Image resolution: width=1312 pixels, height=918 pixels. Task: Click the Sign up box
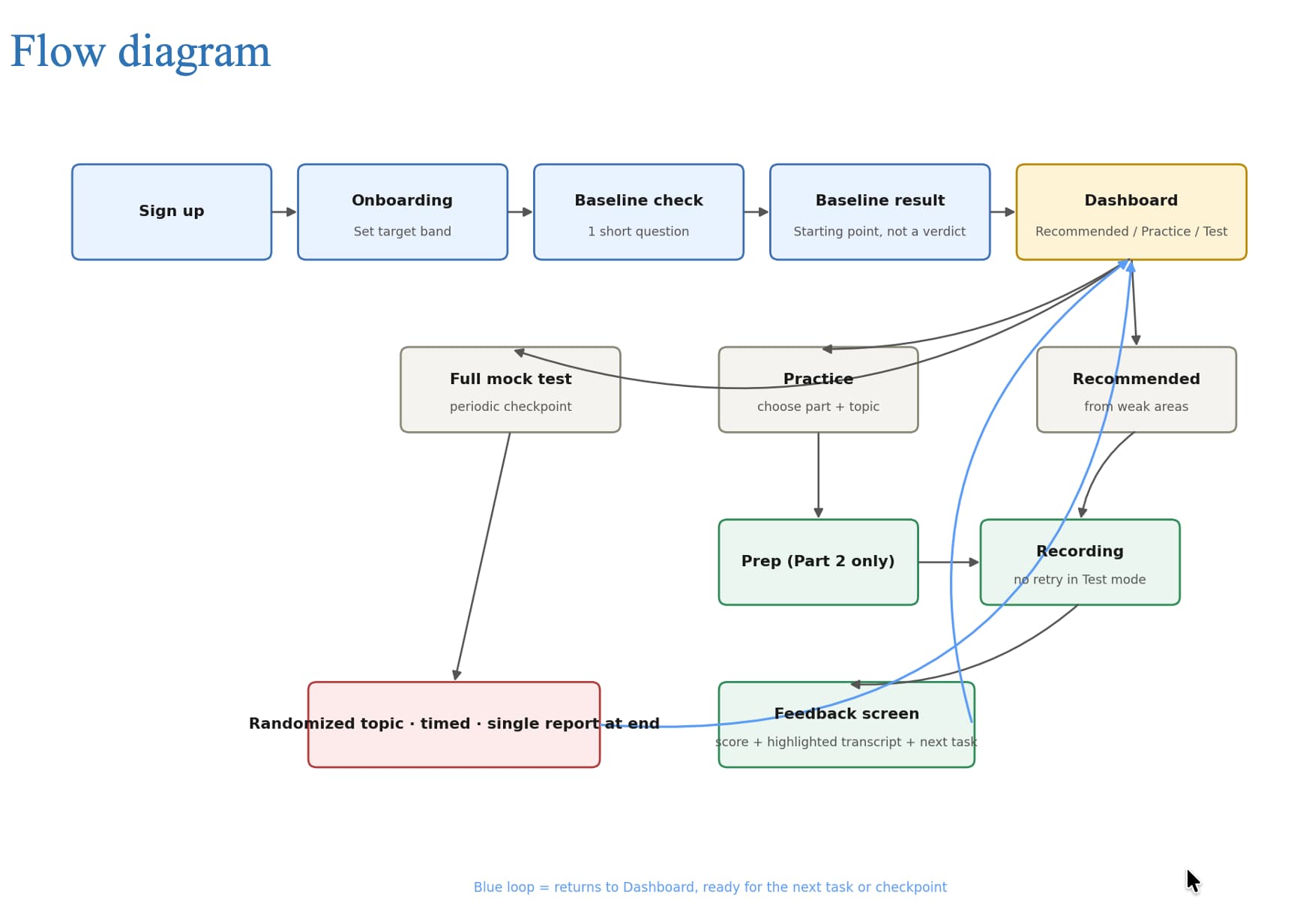[x=172, y=212]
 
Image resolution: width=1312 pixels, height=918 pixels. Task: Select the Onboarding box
[x=403, y=212]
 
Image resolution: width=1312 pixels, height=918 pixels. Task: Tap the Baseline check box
[x=639, y=212]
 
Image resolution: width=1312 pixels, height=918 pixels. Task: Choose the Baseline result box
[x=880, y=212]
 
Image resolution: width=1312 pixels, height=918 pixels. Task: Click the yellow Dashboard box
[x=1131, y=212]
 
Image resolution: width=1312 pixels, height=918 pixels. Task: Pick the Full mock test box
[x=511, y=389]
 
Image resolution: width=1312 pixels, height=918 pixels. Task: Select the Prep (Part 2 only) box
[x=818, y=562]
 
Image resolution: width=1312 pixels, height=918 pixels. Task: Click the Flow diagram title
[x=140, y=52]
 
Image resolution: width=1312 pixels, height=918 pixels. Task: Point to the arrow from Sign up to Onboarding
[x=284, y=212]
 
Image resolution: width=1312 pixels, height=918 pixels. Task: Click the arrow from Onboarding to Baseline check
[x=520, y=212]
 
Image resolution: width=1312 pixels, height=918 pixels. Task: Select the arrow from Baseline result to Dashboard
[x=1003, y=212]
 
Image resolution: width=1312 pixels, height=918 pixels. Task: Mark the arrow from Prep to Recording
[x=949, y=562]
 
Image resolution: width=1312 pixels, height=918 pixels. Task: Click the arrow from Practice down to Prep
[x=818, y=475]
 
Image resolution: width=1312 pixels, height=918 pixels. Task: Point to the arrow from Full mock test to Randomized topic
[x=483, y=556]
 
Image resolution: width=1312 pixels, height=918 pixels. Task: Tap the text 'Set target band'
[x=403, y=232]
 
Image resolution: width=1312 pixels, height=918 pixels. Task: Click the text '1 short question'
[x=639, y=232]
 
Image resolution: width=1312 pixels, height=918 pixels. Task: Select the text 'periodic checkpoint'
[x=511, y=406]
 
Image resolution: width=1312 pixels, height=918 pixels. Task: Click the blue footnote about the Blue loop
[x=710, y=887]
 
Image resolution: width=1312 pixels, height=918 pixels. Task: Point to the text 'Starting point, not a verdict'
[x=880, y=232]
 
